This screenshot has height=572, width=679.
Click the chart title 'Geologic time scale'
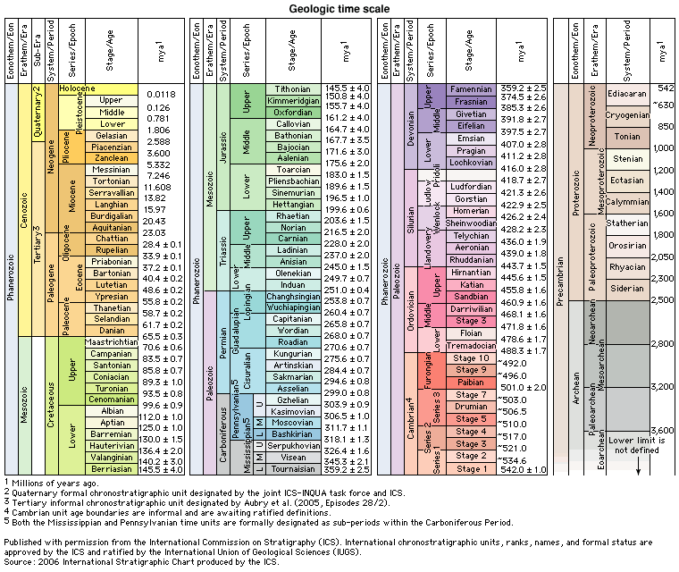tap(339, 9)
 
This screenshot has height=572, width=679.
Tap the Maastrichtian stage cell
tap(112, 341)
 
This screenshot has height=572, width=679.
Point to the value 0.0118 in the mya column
tap(160, 94)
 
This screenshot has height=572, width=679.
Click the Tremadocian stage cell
tap(472, 345)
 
